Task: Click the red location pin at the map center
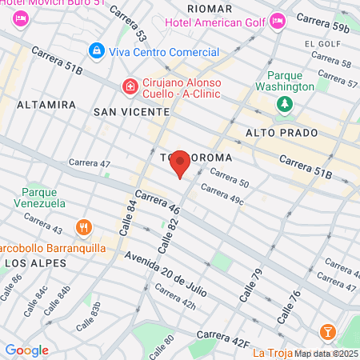[181, 163]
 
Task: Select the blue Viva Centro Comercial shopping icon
[97, 52]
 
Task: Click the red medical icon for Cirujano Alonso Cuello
[129, 85]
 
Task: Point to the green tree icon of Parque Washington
[284, 104]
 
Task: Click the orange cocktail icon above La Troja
[326, 332]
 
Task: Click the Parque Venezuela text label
[43, 198]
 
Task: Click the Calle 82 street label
[168, 236]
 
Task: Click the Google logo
[26, 350]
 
